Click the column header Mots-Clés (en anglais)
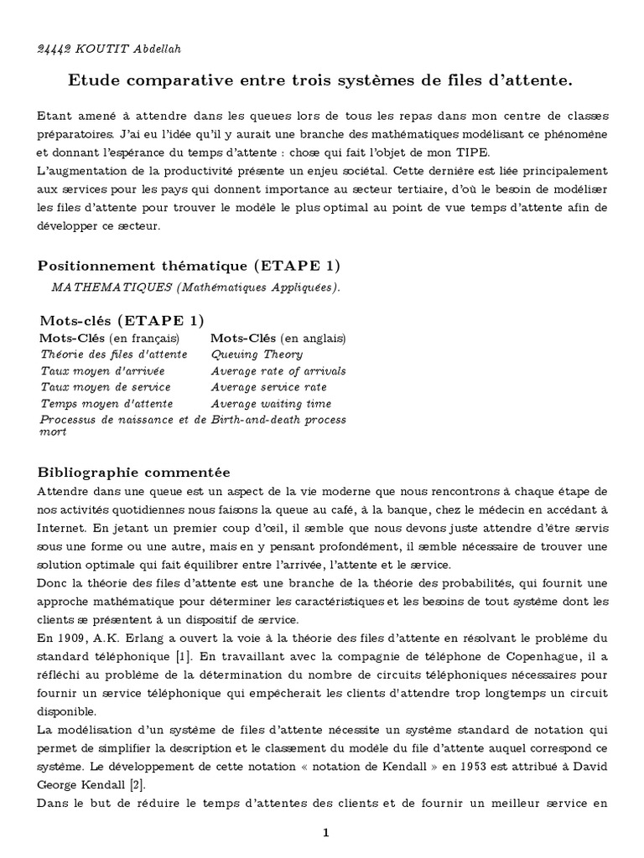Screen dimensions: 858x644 pos(278,338)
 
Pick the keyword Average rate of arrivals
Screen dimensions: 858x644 pos(278,370)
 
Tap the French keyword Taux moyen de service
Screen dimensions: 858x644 pos(106,387)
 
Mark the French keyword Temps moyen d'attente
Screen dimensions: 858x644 pos(106,403)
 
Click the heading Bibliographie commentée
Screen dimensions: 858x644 pos(134,473)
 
